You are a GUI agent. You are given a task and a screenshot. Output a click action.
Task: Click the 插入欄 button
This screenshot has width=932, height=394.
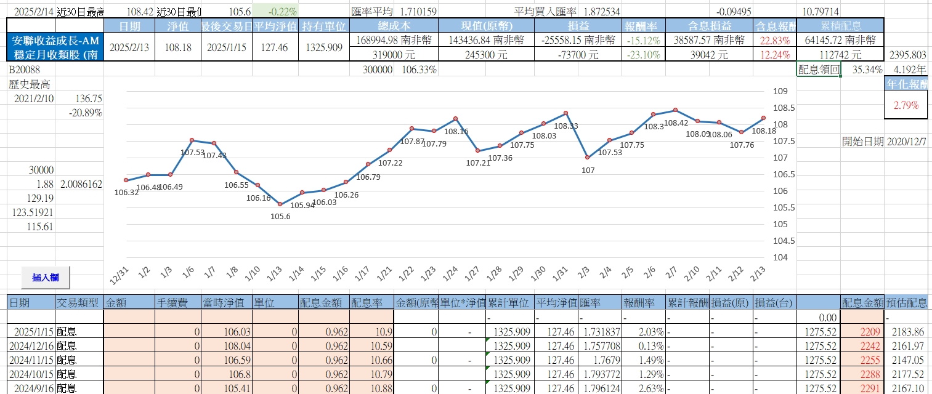[46, 278]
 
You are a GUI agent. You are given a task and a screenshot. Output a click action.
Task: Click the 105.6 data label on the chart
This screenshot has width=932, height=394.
[280, 216]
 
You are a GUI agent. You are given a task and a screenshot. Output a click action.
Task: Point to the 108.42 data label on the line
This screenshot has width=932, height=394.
[676, 123]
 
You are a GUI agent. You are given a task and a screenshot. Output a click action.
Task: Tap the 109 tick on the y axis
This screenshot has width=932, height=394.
[780, 92]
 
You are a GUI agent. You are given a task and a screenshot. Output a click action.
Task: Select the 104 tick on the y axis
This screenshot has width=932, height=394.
[780, 257]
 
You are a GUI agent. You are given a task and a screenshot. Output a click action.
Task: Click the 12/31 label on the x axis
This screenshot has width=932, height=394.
[120, 273]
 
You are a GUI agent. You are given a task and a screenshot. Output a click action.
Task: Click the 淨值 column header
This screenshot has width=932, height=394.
[178, 25]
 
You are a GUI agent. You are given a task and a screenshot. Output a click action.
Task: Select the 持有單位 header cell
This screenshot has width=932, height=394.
[323, 25]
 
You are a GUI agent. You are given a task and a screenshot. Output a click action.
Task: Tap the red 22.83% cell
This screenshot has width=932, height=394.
[774, 40]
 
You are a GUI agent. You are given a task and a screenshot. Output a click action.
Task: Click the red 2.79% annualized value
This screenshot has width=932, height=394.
[906, 105]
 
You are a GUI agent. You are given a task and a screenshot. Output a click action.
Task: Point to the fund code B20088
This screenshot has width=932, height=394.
[24, 70]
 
